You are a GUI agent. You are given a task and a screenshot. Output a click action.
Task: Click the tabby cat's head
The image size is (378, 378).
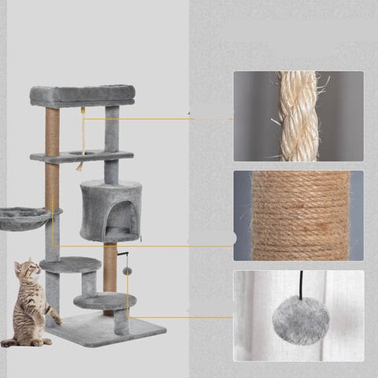[28, 272]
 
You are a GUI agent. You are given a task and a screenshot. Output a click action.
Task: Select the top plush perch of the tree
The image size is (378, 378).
[82, 95]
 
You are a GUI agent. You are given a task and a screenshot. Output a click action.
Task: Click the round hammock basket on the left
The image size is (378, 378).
[23, 217]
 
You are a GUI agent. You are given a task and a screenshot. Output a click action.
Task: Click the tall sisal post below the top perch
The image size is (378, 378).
[53, 130]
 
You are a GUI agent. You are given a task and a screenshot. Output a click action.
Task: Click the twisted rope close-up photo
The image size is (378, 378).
[298, 116]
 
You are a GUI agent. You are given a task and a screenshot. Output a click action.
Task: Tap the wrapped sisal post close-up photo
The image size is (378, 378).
[298, 215]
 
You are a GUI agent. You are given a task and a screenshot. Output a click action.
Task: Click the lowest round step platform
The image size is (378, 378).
[103, 301]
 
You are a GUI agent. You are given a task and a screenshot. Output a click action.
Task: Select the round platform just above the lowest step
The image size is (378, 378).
[70, 265]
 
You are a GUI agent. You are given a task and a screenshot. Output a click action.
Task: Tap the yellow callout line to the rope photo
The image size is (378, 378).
[157, 119]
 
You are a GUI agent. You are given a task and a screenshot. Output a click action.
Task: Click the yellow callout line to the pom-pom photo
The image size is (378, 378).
[181, 317]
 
